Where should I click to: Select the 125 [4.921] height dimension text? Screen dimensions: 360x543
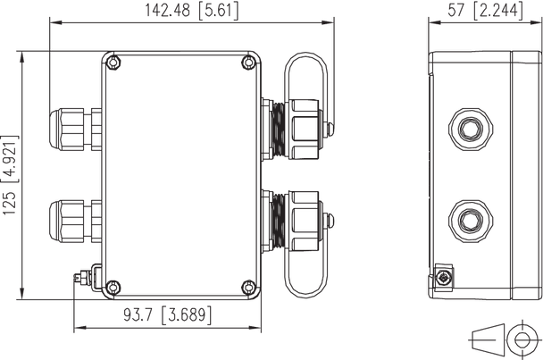[x=10, y=175]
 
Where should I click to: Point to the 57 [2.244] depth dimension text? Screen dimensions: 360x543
[x=483, y=11]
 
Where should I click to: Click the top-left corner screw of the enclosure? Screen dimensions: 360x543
[x=113, y=63]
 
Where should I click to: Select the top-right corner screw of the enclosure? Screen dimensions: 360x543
[x=249, y=63]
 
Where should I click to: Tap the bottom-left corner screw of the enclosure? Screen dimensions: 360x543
[x=113, y=287]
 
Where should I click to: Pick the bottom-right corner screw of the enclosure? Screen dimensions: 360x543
[x=249, y=287]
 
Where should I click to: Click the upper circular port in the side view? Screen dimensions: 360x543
[x=468, y=127]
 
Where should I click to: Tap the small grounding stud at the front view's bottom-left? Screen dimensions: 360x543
[x=81, y=278]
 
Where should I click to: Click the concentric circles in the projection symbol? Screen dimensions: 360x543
[x=523, y=339]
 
